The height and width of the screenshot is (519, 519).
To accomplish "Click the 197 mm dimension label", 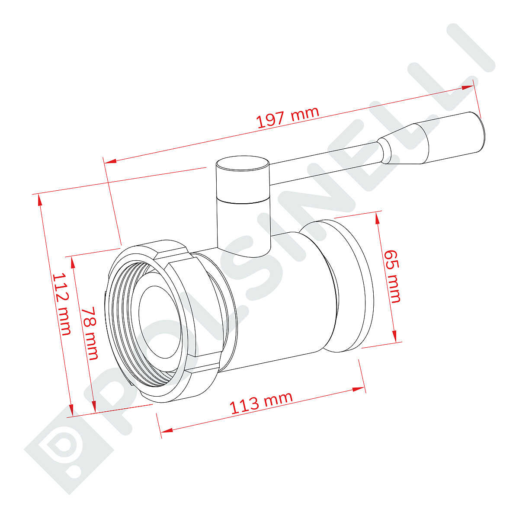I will (288, 117).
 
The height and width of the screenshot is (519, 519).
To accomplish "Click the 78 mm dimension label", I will (90, 333).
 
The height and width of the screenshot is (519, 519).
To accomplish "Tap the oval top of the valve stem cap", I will (242, 164).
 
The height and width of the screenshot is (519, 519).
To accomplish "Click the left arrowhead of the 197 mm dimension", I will (111, 162).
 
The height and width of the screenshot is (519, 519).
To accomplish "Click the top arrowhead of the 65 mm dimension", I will (378, 218).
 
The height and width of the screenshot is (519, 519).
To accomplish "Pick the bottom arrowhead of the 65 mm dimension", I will (394, 335).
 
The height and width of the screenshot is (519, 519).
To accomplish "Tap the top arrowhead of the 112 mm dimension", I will (40, 200).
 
